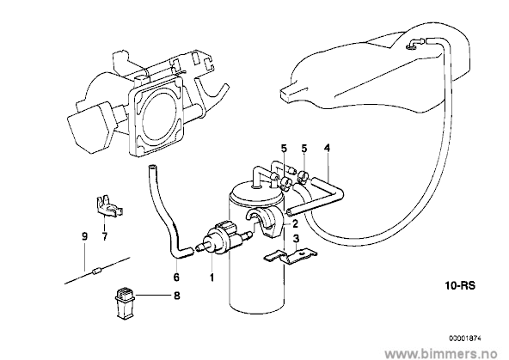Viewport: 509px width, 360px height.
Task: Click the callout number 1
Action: [x=212, y=278]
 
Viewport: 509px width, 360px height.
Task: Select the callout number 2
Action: [x=295, y=223]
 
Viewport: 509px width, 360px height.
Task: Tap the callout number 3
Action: [x=296, y=240]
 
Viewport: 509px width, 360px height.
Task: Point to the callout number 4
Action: [x=327, y=149]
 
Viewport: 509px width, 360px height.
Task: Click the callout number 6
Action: [x=176, y=278]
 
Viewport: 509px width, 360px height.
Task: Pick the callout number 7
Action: [x=105, y=237]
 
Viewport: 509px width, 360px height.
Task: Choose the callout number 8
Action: [x=177, y=296]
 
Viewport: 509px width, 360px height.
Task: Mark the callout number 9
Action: [x=84, y=237]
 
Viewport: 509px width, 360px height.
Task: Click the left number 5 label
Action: [x=284, y=149]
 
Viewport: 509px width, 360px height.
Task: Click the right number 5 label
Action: [x=304, y=149]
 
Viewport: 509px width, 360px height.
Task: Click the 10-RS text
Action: [x=460, y=286]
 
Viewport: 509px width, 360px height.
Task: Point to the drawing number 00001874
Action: [x=465, y=339]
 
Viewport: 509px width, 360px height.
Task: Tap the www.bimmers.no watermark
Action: [x=441, y=352]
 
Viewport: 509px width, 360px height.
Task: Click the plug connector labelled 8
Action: [x=125, y=302]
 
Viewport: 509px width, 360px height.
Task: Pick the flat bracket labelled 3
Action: [x=290, y=256]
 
